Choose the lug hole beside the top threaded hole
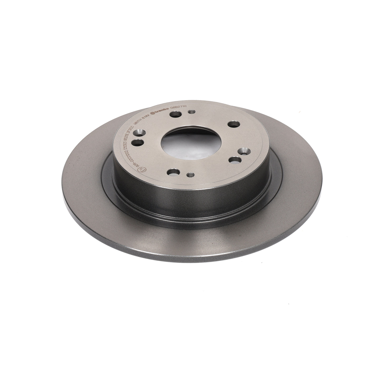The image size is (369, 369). tap(175, 115)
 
